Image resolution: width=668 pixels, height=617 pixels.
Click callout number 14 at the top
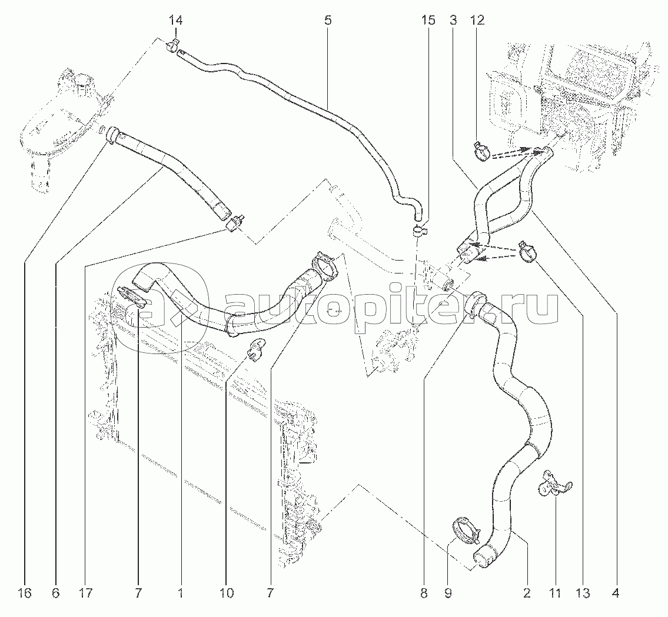click(175, 20)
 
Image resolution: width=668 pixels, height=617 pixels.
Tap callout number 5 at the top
click(328, 20)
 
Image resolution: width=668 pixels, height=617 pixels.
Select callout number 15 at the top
click(428, 20)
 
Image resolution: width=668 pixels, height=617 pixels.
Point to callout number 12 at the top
click(477, 20)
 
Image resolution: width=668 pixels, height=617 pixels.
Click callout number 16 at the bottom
click(25, 593)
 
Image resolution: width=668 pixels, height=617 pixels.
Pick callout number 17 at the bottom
click(85, 593)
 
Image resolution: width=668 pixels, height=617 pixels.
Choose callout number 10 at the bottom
click(227, 593)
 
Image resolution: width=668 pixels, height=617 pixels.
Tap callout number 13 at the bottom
click(583, 593)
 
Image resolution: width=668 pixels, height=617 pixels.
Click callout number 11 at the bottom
click(554, 593)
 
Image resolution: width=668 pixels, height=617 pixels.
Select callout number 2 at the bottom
click(527, 593)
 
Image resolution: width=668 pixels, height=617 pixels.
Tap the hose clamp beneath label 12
click(482, 152)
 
